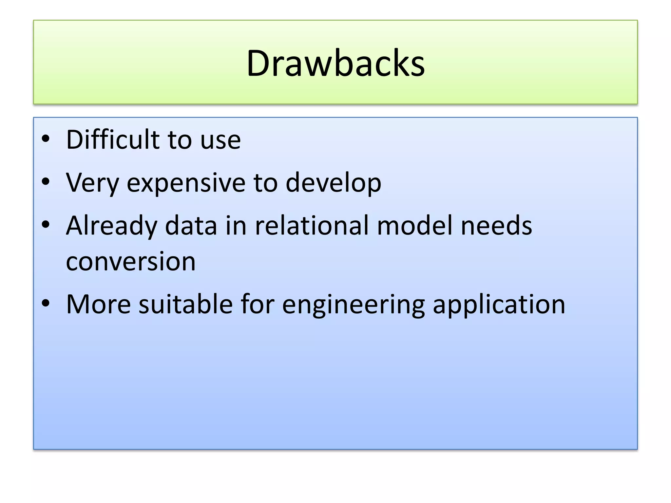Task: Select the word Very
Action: click(x=92, y=183)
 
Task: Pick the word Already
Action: click(x=111, y=226)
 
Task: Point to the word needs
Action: click(x=496, y=226)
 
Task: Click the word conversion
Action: click(x=131, y=262)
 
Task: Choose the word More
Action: click(x=99, y=304)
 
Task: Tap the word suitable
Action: click(x=186, y=304)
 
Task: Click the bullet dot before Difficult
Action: click(x=46, y=139)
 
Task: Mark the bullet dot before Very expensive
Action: click(x=46, y=181)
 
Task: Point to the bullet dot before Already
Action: click(x=46, y=224)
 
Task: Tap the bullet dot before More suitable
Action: click(x=46, y=303)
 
